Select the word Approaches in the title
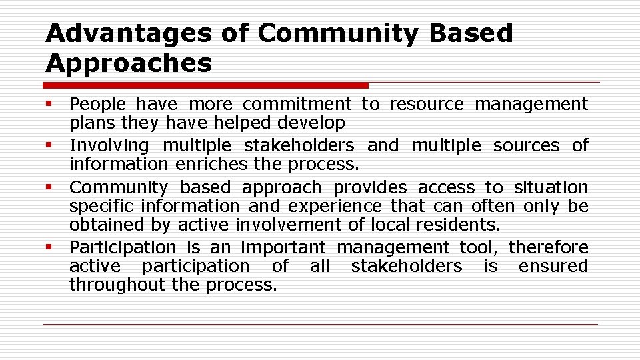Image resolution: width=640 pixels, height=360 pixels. (x=129, y=63)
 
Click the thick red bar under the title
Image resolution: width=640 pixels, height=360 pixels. (x=205, y=85)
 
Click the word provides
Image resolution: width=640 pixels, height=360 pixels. (x=369, y=188)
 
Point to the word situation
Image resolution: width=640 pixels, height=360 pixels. (x=551, y=188)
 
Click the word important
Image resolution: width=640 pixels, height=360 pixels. (x=283, y=247)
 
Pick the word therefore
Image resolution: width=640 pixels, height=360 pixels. (x=548, y=247)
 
